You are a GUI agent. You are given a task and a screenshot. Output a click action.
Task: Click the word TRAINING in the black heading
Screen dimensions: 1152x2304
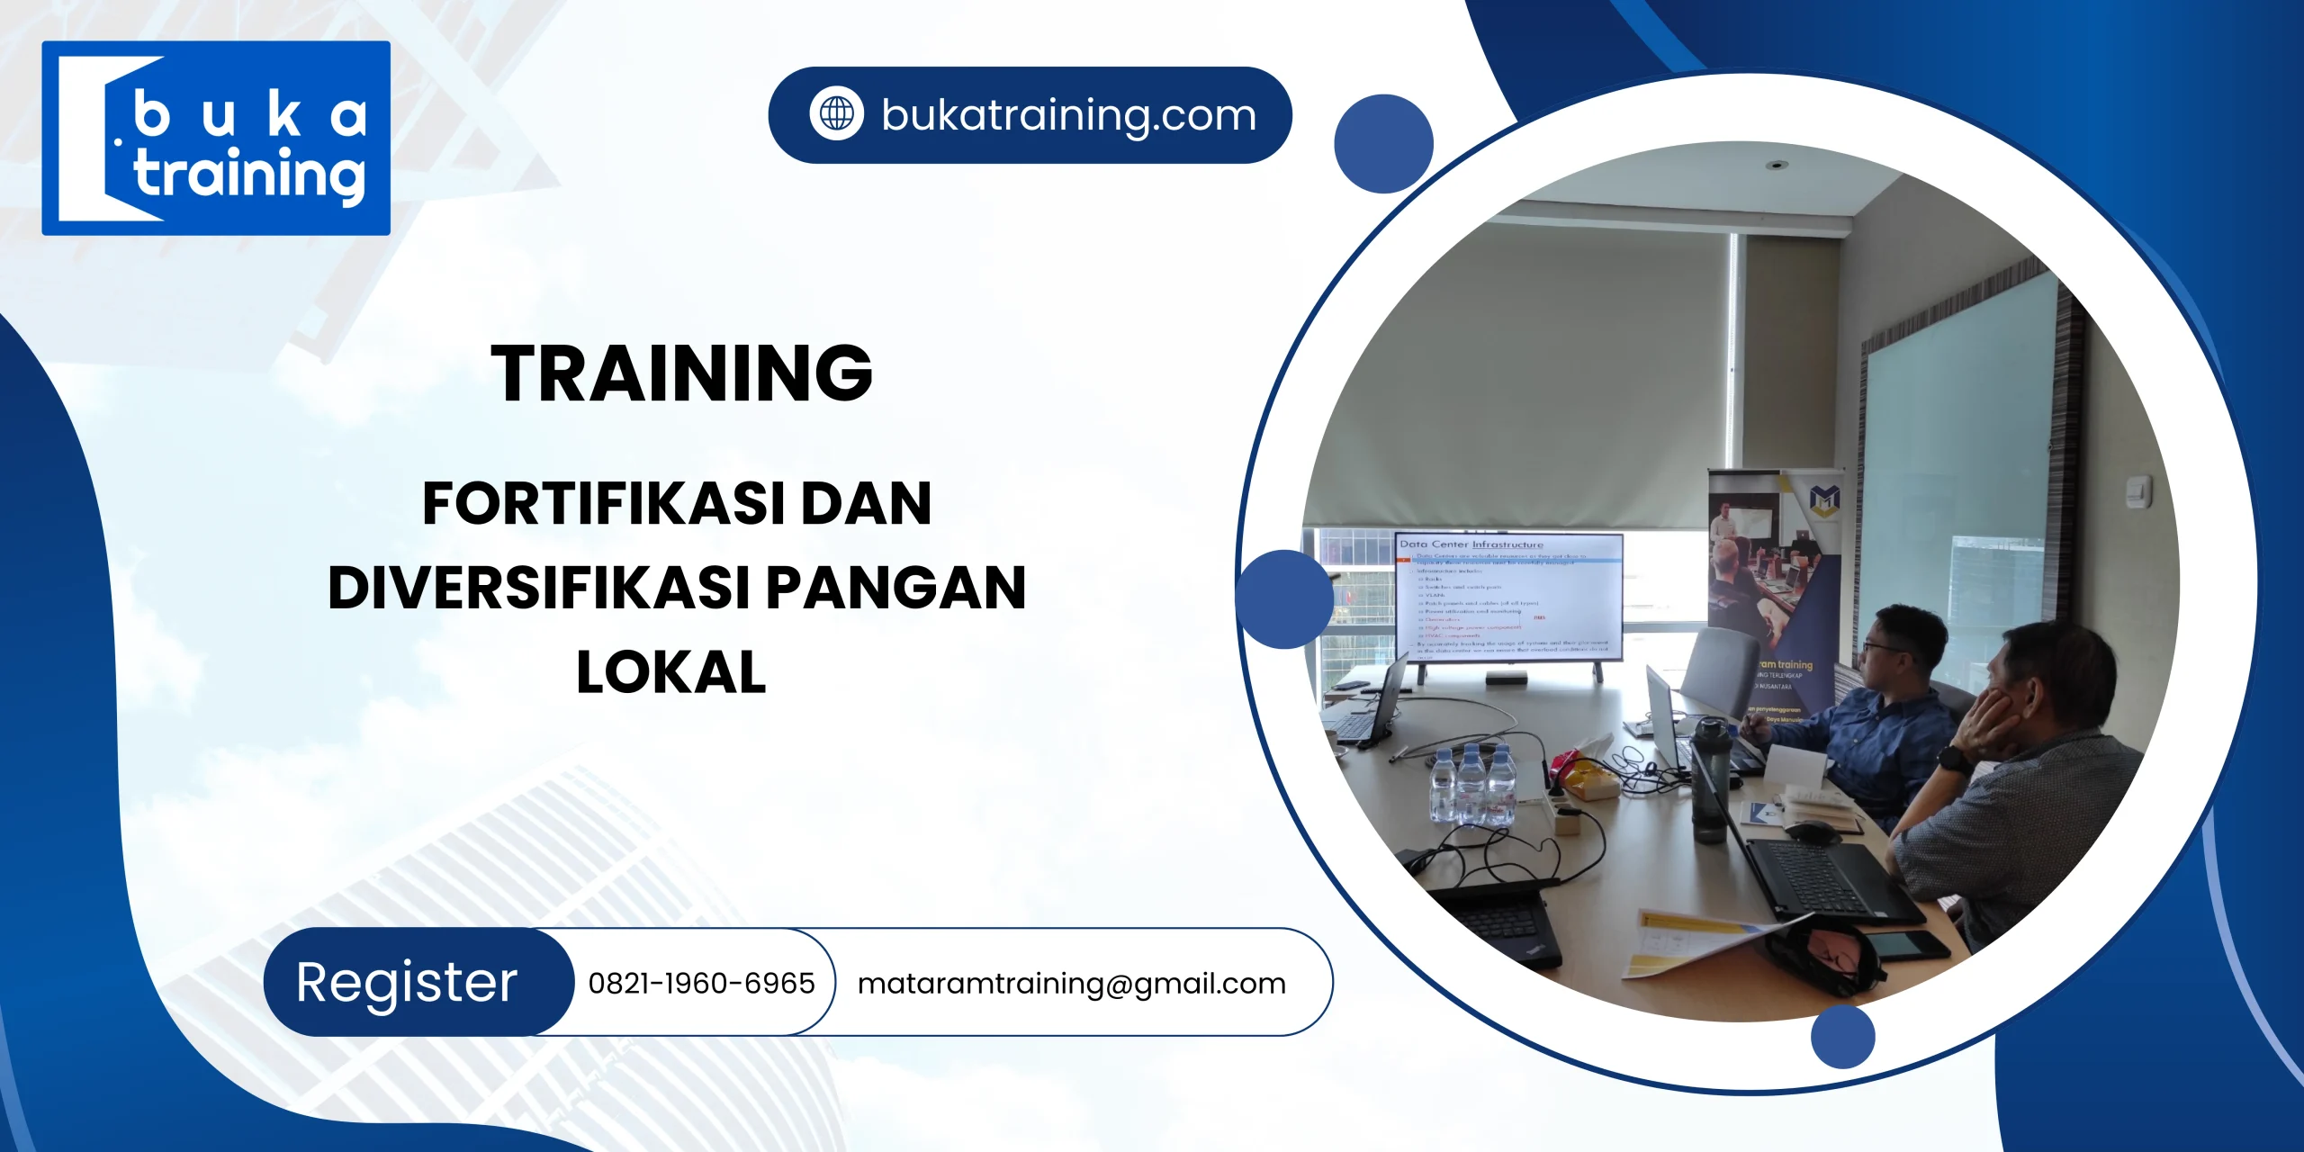pyautogui.click(x=681, y=373)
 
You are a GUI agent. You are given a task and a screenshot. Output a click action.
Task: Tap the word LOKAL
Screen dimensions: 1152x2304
pyautogui.click(x=671, y=672)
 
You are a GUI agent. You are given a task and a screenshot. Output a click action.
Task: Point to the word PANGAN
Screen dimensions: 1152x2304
pyautogui.click(x=895, y=588)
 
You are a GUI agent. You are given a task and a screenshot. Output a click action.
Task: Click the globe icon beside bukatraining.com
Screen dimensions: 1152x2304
pyautogui.click(x=836, y=114)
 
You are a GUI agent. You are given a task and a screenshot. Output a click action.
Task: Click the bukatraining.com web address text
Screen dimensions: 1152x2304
pyautogui.click(x=1068, y=115)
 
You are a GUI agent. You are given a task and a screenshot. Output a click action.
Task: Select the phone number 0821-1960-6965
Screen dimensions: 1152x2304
pyautogui.click(x=701, y=983)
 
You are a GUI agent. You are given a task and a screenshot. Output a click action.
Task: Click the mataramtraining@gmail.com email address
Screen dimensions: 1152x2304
pyautogui.click(x=1071, y=983)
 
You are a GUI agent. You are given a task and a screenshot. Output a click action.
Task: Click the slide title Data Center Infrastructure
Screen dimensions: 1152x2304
pyautogui.click(x=1471, y=544)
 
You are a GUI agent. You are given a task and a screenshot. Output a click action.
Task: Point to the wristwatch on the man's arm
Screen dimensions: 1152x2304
pyautogui.click(x=1951, y=758)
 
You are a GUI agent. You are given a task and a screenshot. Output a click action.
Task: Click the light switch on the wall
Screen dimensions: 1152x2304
pyautogui.click(x=2138, y=491)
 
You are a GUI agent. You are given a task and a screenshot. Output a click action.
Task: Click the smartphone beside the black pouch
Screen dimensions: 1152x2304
pyautogui.click(x=1899, y=945)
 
